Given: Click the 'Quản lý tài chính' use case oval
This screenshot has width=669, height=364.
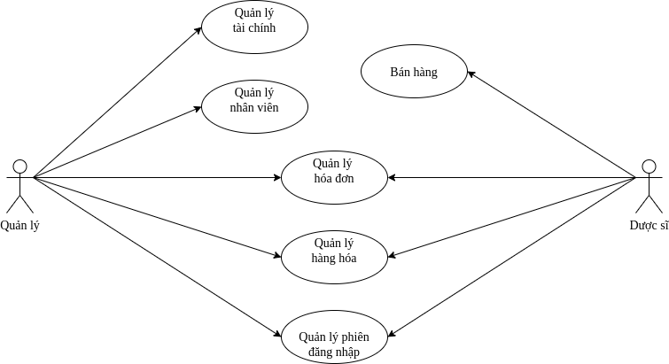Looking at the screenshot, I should coord(254,27).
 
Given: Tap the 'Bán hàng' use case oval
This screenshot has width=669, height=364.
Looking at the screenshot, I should coord(414,72).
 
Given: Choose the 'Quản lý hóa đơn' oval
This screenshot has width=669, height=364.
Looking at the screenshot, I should coord(334,177).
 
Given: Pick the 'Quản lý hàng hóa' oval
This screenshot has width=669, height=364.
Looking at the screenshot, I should coord(334,257).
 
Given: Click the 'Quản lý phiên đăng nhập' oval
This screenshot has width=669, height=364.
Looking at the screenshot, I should coord(334,337).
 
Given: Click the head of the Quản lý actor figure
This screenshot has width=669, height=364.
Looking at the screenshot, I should coord(19,166).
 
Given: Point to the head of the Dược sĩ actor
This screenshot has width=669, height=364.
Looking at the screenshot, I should coord(649,166).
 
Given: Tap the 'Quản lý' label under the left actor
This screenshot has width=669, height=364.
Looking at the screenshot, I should coord(19,225).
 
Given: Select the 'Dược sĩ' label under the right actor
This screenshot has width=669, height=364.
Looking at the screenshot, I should coord(649,225).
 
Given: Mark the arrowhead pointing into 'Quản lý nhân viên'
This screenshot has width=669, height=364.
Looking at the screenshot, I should coord(200,109).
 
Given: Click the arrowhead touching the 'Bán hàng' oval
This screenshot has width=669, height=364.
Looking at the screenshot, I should coord(471,74).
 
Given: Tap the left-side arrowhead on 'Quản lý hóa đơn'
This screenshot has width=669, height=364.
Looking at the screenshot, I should coord(276,178).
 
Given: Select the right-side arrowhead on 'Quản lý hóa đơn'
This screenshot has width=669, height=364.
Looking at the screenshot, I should coord(392,178).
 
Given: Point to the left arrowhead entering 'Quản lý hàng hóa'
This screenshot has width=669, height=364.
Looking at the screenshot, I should coord(276,256).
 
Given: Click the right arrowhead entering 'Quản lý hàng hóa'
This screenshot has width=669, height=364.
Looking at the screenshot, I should coord(392,256).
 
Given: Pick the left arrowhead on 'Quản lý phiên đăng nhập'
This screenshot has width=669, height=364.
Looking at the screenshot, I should coord(277,335).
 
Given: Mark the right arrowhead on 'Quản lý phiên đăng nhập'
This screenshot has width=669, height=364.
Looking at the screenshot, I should coord(391,335).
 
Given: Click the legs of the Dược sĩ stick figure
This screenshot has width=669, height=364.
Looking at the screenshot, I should coord(649,203).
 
